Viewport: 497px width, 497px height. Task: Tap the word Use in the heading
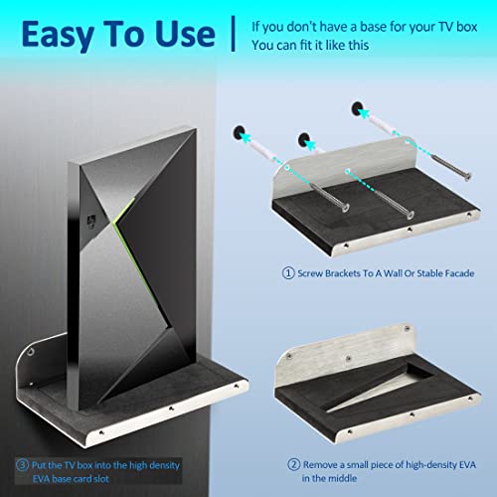(x=185, y=34)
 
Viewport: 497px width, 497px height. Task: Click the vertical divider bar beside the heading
(x=234, y=34)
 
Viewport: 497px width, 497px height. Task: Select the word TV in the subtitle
(x=446, y=27)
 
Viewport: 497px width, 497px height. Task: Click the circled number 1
(x=288, y=273)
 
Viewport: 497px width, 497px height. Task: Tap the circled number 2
(x=293, y=464)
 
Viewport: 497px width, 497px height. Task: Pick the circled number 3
(x=22, y=465)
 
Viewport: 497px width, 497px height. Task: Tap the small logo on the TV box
(x=91, y=222)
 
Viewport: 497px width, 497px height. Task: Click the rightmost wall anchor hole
(x=357, y=108)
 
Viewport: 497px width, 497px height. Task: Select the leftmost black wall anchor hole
(x=239, y=132)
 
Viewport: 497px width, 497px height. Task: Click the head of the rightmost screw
(x=467, y=177)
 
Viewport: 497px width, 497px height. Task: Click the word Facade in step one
(x=459, y=273)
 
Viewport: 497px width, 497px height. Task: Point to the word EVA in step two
(x=467, y=465)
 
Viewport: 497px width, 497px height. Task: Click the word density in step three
(x=163, y=465)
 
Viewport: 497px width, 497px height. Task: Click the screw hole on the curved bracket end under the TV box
(x=31, y=351)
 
